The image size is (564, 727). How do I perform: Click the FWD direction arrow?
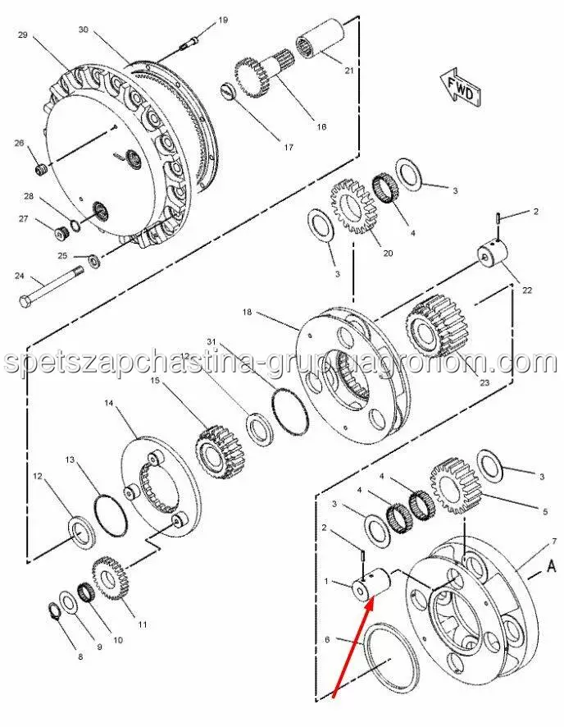459,86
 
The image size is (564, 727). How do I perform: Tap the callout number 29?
22,34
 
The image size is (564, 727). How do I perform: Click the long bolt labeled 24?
49,286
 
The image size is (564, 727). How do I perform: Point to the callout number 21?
348,71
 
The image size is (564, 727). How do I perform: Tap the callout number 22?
526,290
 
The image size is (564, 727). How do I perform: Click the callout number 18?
247,312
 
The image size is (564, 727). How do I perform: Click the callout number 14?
109,403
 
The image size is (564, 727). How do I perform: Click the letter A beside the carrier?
551,565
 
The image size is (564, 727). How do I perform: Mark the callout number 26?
20,144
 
